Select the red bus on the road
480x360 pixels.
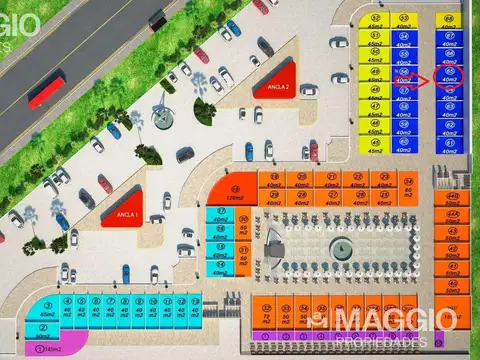[x=46, y=89]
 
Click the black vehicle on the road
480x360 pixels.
[x=157, y=18]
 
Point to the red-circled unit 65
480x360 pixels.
[x=451, y=78]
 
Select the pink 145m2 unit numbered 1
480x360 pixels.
[x=38, y=348]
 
